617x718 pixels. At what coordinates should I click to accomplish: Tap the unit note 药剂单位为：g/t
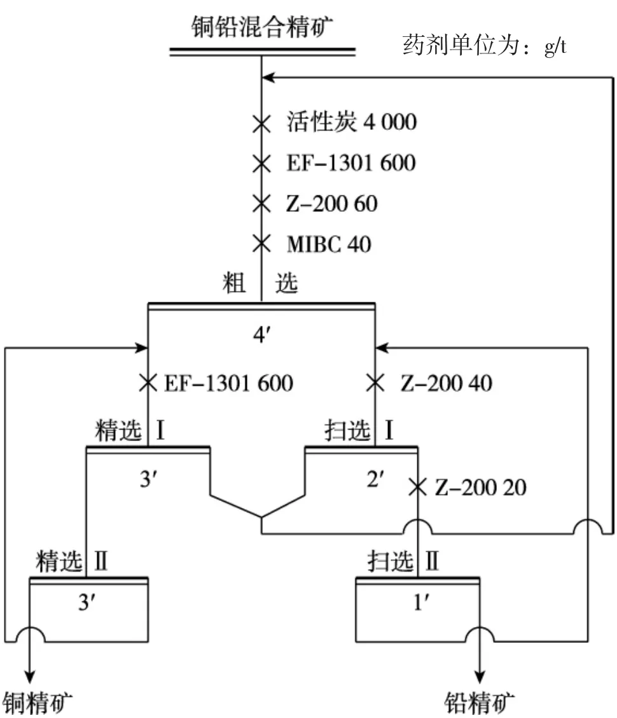484,45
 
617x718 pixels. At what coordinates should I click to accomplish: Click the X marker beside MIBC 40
261,243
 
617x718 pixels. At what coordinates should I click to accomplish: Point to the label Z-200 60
331,203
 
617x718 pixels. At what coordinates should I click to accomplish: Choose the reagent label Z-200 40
446,383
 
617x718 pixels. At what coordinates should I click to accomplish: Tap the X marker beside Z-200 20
417,488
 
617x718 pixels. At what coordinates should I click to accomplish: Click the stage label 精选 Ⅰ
130,432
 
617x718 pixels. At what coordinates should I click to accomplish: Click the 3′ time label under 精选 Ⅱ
87,603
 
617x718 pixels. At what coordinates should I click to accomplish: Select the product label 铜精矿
38,703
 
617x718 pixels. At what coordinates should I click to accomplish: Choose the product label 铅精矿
479,703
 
